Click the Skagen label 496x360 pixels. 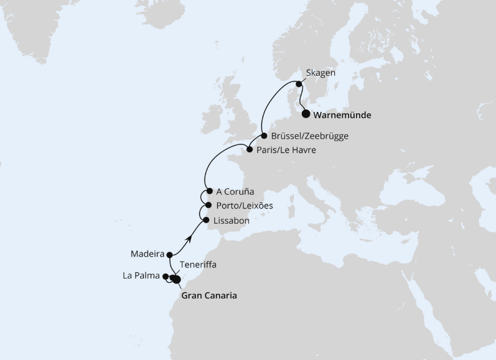[x=321, y=73]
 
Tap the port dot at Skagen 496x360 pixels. [x=299, y=84]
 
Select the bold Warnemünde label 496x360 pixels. [x=343, y=115]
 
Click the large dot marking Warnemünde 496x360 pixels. [x=306, y=114]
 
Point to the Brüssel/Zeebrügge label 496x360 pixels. [x=310, y=136]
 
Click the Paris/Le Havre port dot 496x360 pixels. [x=249, y=150]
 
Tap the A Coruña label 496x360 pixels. [x=236, y=192]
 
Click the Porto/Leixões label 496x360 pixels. [x=245, y=206]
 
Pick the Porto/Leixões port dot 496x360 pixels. [x=208, y=206]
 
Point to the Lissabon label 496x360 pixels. [x=231, y=220]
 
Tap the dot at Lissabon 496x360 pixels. [x=206, y=219]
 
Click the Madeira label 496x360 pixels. [x=147, y=254]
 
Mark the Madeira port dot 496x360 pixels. [x=170, y=254]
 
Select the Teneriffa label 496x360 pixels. [x=198, y=264]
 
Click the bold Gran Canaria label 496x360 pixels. [x=209, y=296]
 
